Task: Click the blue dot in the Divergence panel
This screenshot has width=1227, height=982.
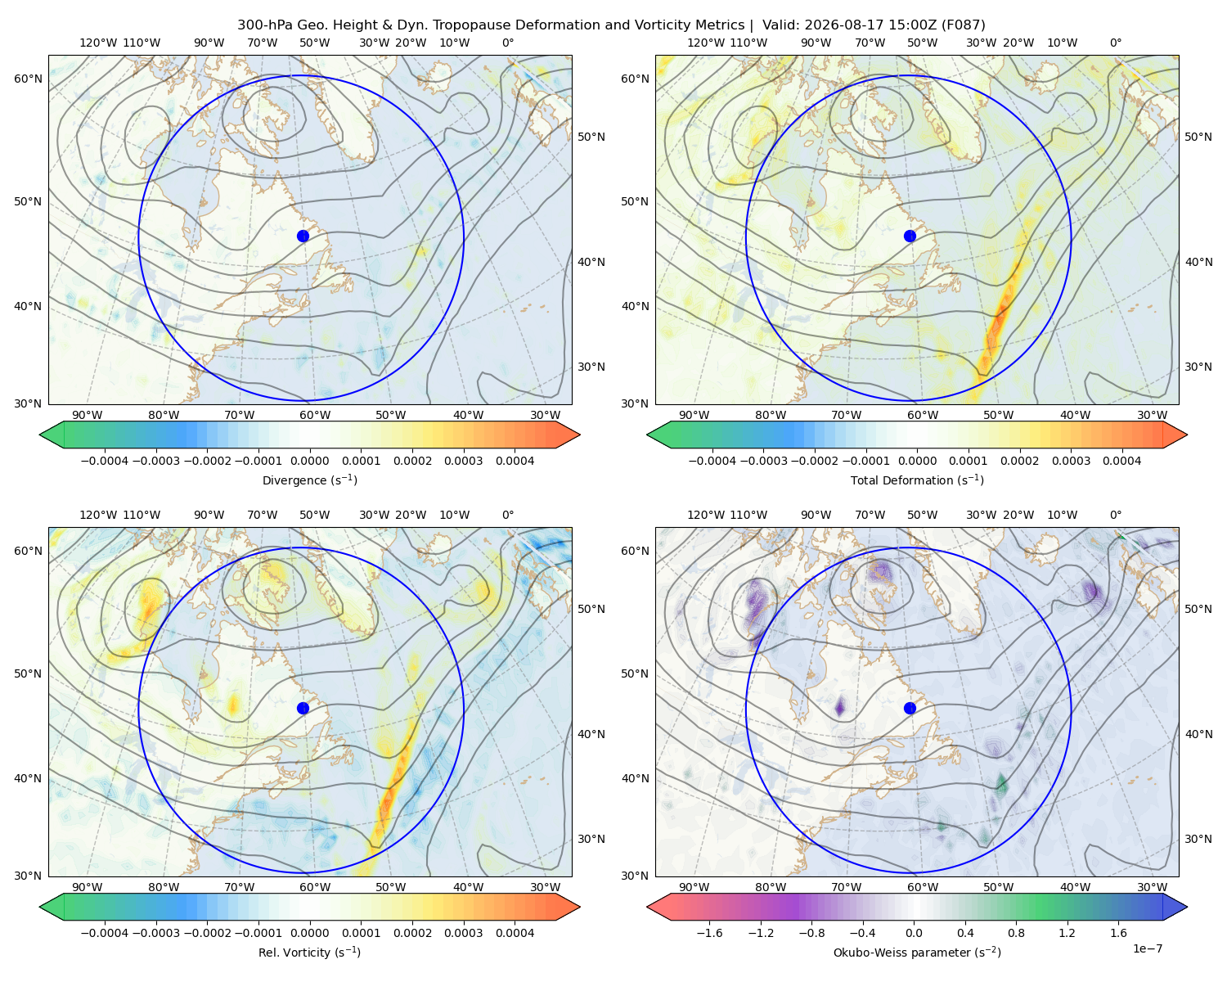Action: [303, 236]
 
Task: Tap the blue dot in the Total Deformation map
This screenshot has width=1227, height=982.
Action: [910, 236]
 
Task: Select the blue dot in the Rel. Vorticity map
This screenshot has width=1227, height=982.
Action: [303, 708]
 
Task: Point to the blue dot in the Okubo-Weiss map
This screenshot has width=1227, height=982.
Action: [910, 708]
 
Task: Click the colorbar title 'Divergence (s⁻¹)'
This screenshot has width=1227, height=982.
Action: [309, 480]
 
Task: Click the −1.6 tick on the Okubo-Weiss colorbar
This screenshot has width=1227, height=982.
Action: [709, 932]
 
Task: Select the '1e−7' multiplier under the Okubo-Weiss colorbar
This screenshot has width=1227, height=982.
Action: [1147, 948]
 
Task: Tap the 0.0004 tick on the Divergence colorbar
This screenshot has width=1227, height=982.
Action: [515, 461]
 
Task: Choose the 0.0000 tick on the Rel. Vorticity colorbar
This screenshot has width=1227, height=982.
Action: [309, 932]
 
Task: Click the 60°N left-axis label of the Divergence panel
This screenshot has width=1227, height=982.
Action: [28, 79]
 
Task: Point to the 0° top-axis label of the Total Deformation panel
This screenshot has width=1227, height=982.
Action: [1116, 43]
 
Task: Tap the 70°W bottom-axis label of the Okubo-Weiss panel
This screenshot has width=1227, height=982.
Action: [846, 887]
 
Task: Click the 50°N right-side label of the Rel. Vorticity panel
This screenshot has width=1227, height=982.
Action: [591, 609]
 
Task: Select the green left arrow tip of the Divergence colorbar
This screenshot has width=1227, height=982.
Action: [40, 435]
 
